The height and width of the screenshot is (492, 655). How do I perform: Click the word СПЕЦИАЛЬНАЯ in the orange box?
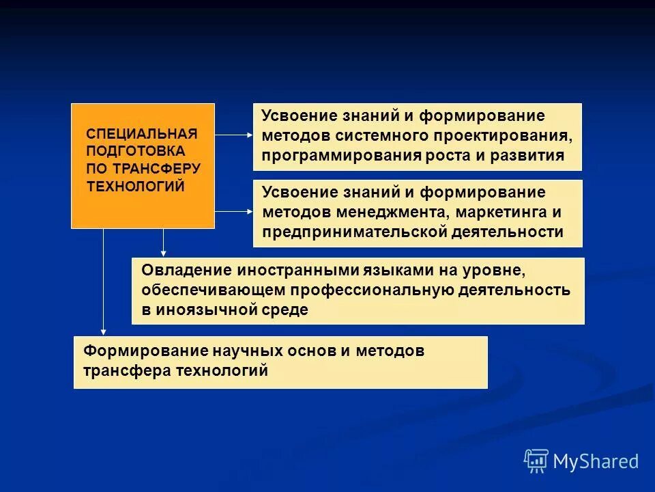coord(141,133)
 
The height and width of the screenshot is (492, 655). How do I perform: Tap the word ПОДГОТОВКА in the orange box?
coord(135,150)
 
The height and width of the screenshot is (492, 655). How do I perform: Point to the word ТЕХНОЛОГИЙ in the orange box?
coord(136,186)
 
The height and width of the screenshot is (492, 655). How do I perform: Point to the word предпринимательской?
coord(354,232)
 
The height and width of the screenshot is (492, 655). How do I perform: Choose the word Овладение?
coord(177,270)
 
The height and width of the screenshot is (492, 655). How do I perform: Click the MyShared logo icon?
coord(536,461)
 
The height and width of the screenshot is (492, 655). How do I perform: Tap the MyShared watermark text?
coord(596,461)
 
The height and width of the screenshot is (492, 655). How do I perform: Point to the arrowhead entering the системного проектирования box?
coord(249,135)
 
